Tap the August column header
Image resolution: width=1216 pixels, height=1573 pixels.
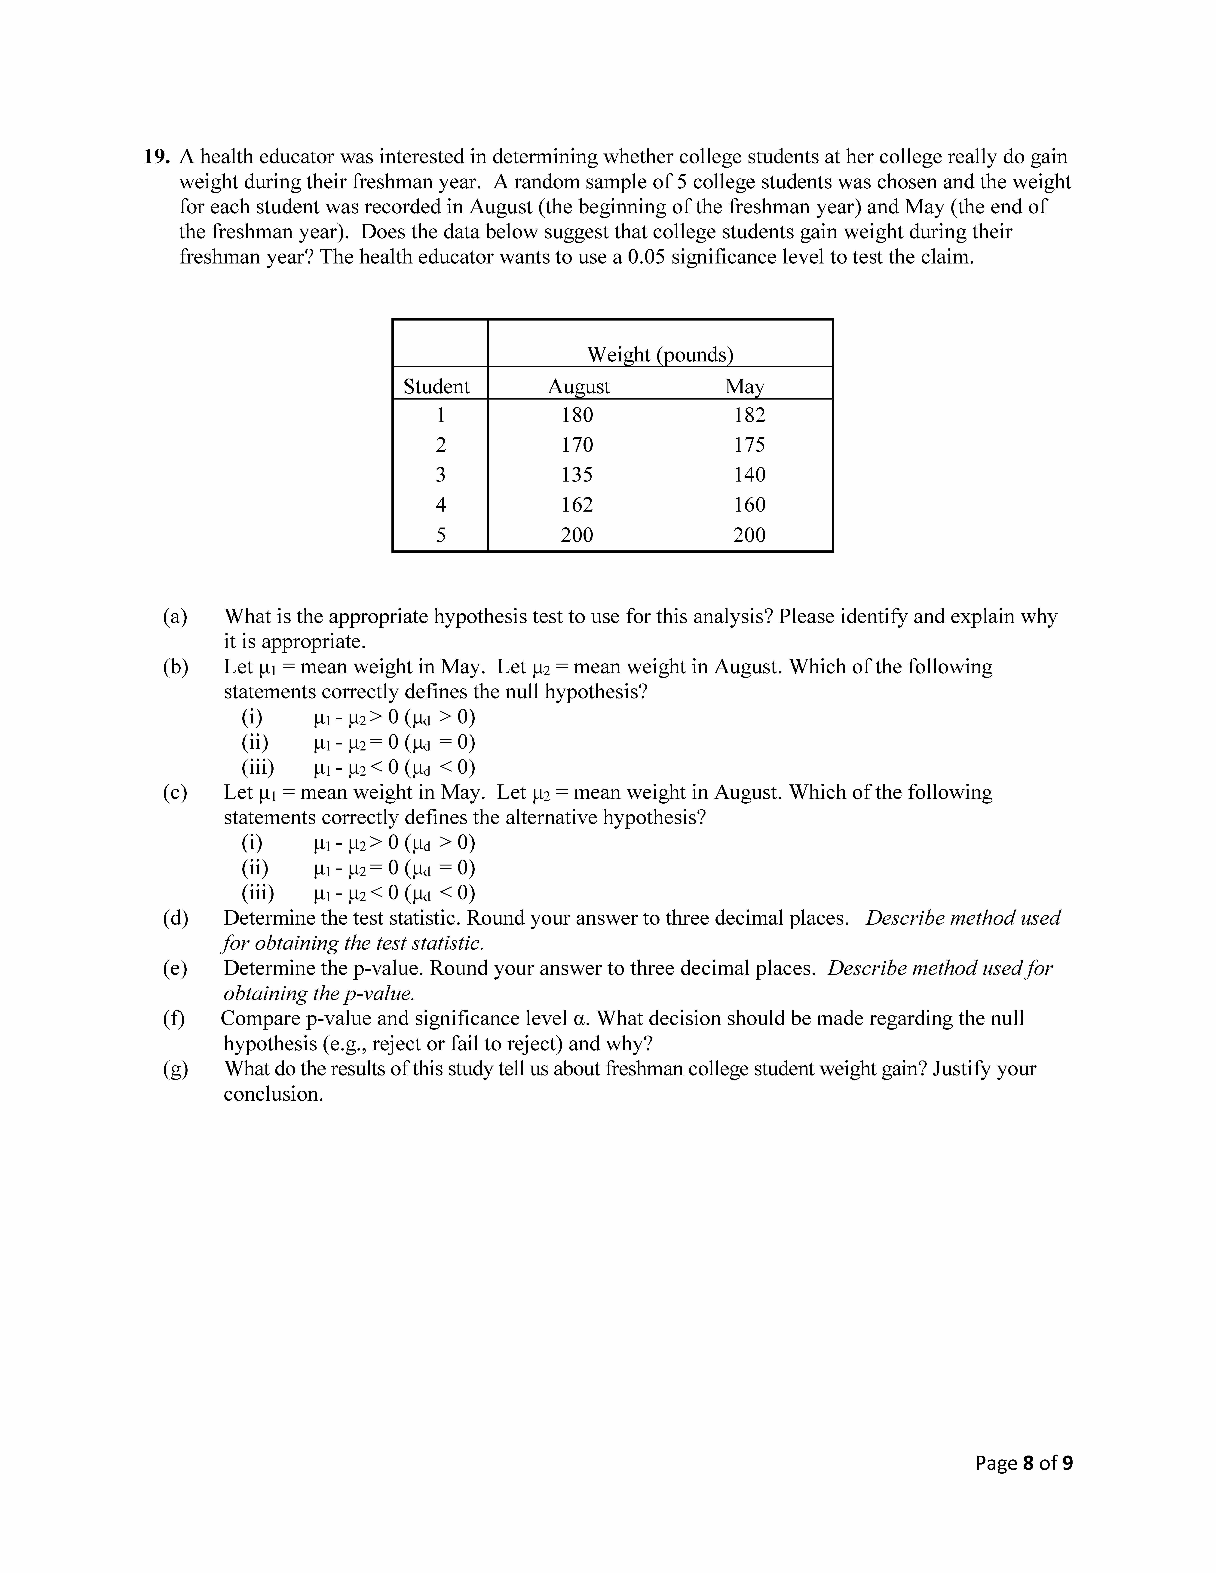(578, 387)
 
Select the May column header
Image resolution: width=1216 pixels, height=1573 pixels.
(745, 387)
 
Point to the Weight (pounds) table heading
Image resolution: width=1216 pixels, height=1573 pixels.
(660, 354)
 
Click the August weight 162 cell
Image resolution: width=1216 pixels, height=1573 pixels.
(577, 505)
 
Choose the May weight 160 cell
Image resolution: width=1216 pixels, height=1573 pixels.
(749, 505)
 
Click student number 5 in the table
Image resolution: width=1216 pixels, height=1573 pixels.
(441, 535)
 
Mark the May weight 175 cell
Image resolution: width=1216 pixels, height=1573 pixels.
(749, 445)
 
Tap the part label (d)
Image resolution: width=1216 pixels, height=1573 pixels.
(175, 918)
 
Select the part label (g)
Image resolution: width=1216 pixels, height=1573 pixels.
(175, 1069)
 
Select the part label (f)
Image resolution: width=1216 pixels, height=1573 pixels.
(174, 1018)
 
